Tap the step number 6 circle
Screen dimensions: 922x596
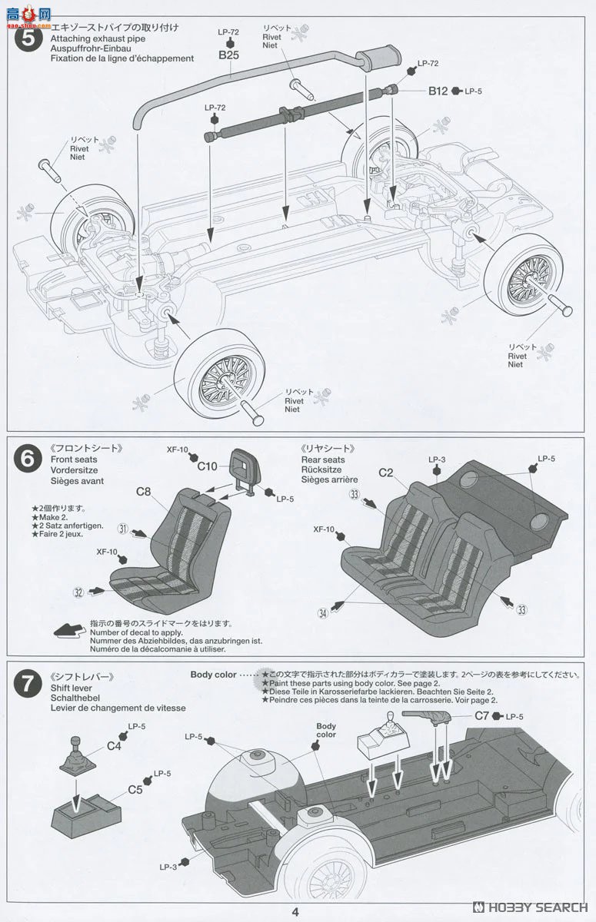click(28, 459)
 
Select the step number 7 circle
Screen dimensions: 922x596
click(28, 683)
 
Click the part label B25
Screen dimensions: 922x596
click(228, 56)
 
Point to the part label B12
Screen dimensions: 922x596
click(438, 91)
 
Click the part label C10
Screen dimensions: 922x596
click(208, 466)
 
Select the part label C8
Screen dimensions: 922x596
click(144, 492)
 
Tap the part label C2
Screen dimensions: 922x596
click(386, 473)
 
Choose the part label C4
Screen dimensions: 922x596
click(114, 745)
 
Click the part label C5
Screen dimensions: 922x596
click(135, 788)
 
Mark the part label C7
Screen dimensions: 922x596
click(482, 715)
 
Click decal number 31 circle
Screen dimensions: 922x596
click(122, 529)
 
